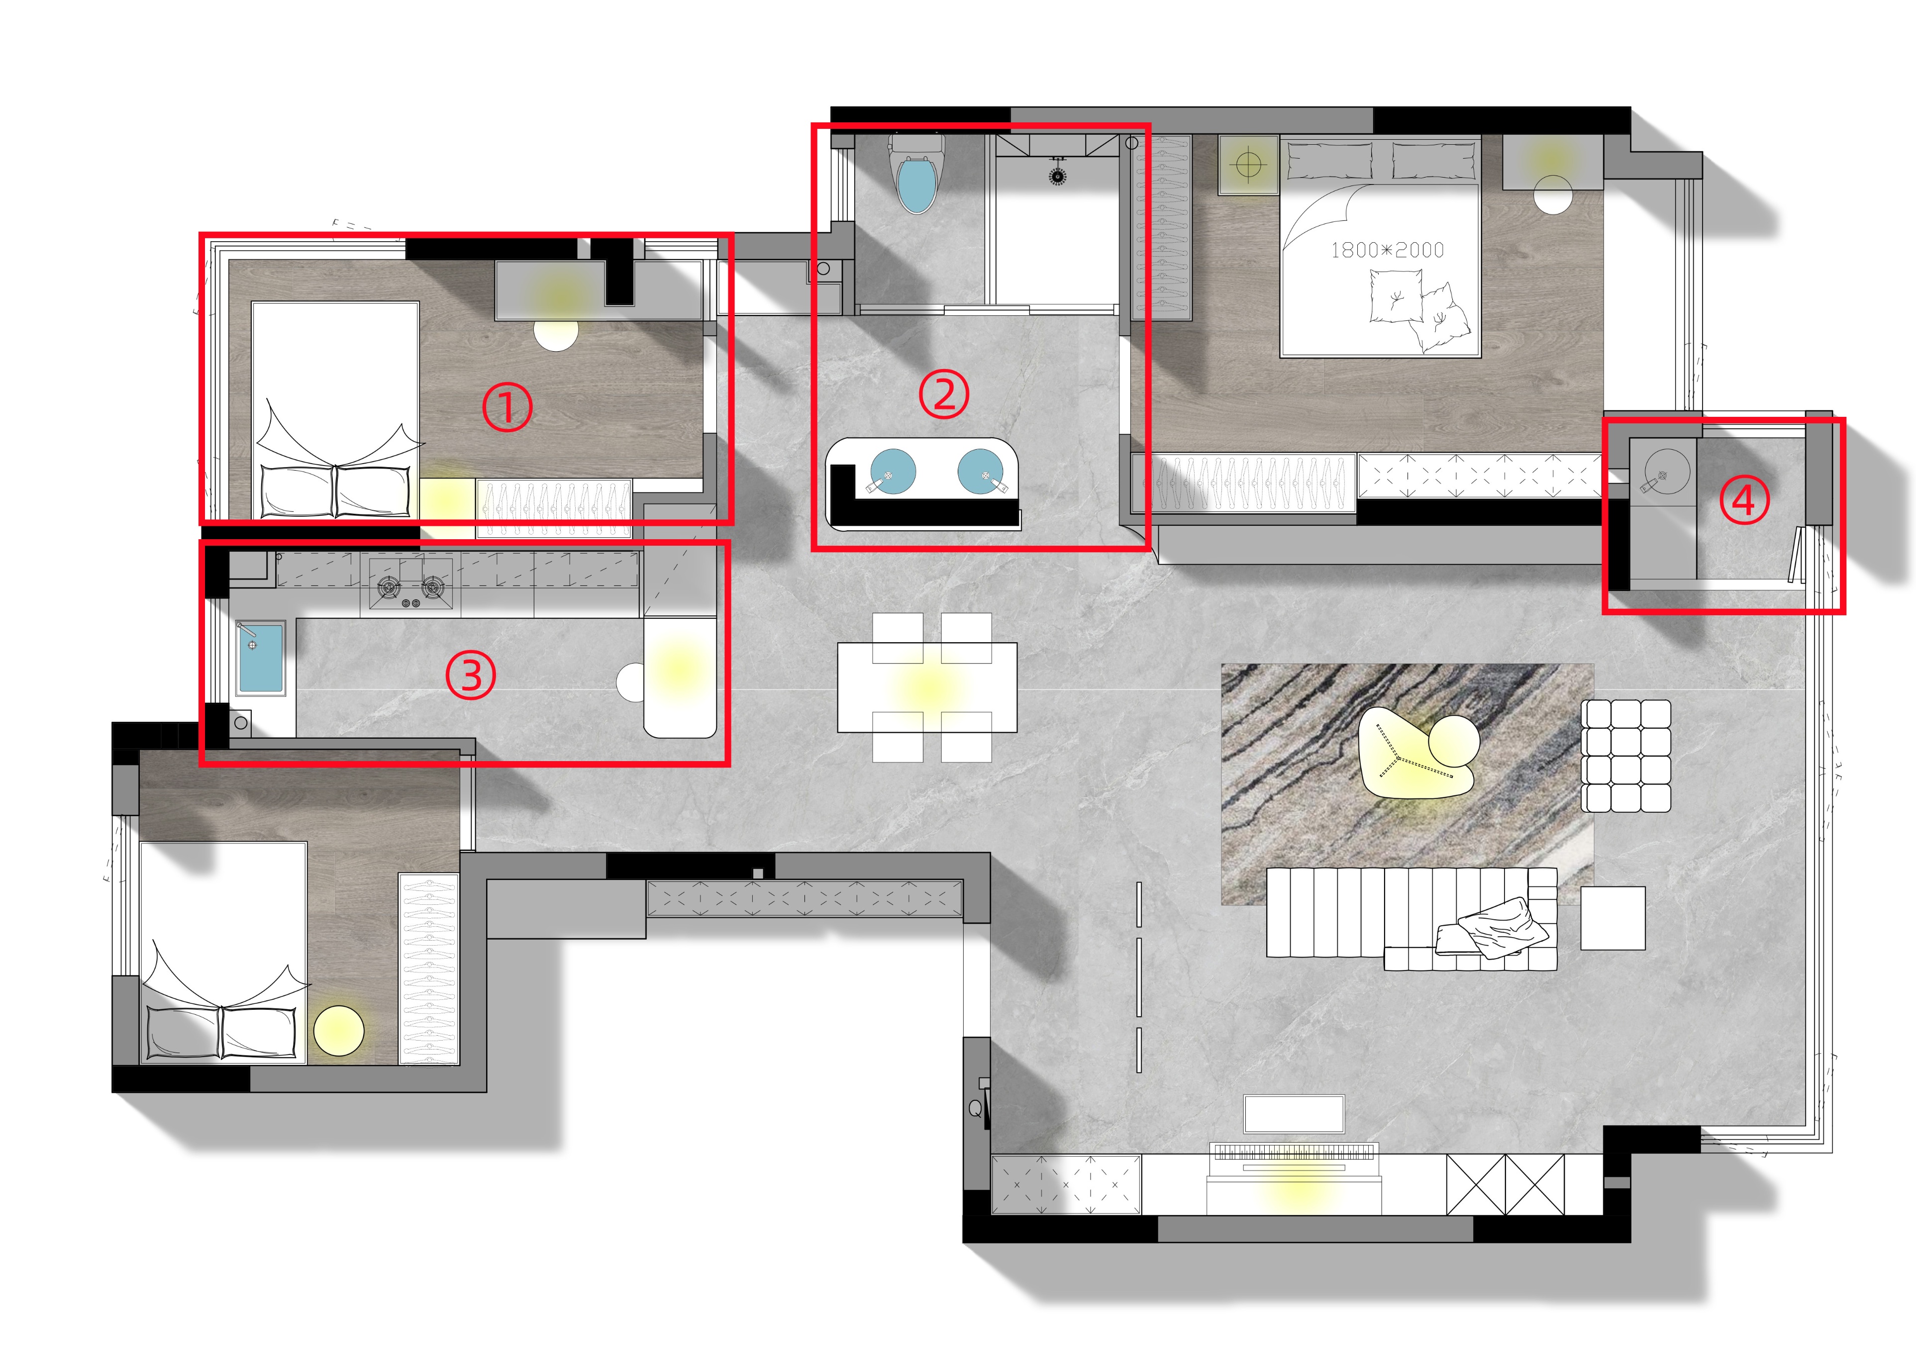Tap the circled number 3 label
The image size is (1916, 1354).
click(x=471, y=675)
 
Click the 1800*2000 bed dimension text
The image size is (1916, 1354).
click(x=1387, y=249)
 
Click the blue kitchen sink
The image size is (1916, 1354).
click(x=260, y=658)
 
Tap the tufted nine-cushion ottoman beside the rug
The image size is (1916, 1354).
click(x=1625, y=756)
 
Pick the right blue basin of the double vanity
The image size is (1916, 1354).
click(x=981, y=472)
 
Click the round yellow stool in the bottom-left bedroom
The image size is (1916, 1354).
click(x=339, y=1031)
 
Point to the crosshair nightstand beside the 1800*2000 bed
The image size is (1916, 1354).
click(x=1248, y=165)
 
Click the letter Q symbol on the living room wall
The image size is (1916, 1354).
click(x=975, y=1109)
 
